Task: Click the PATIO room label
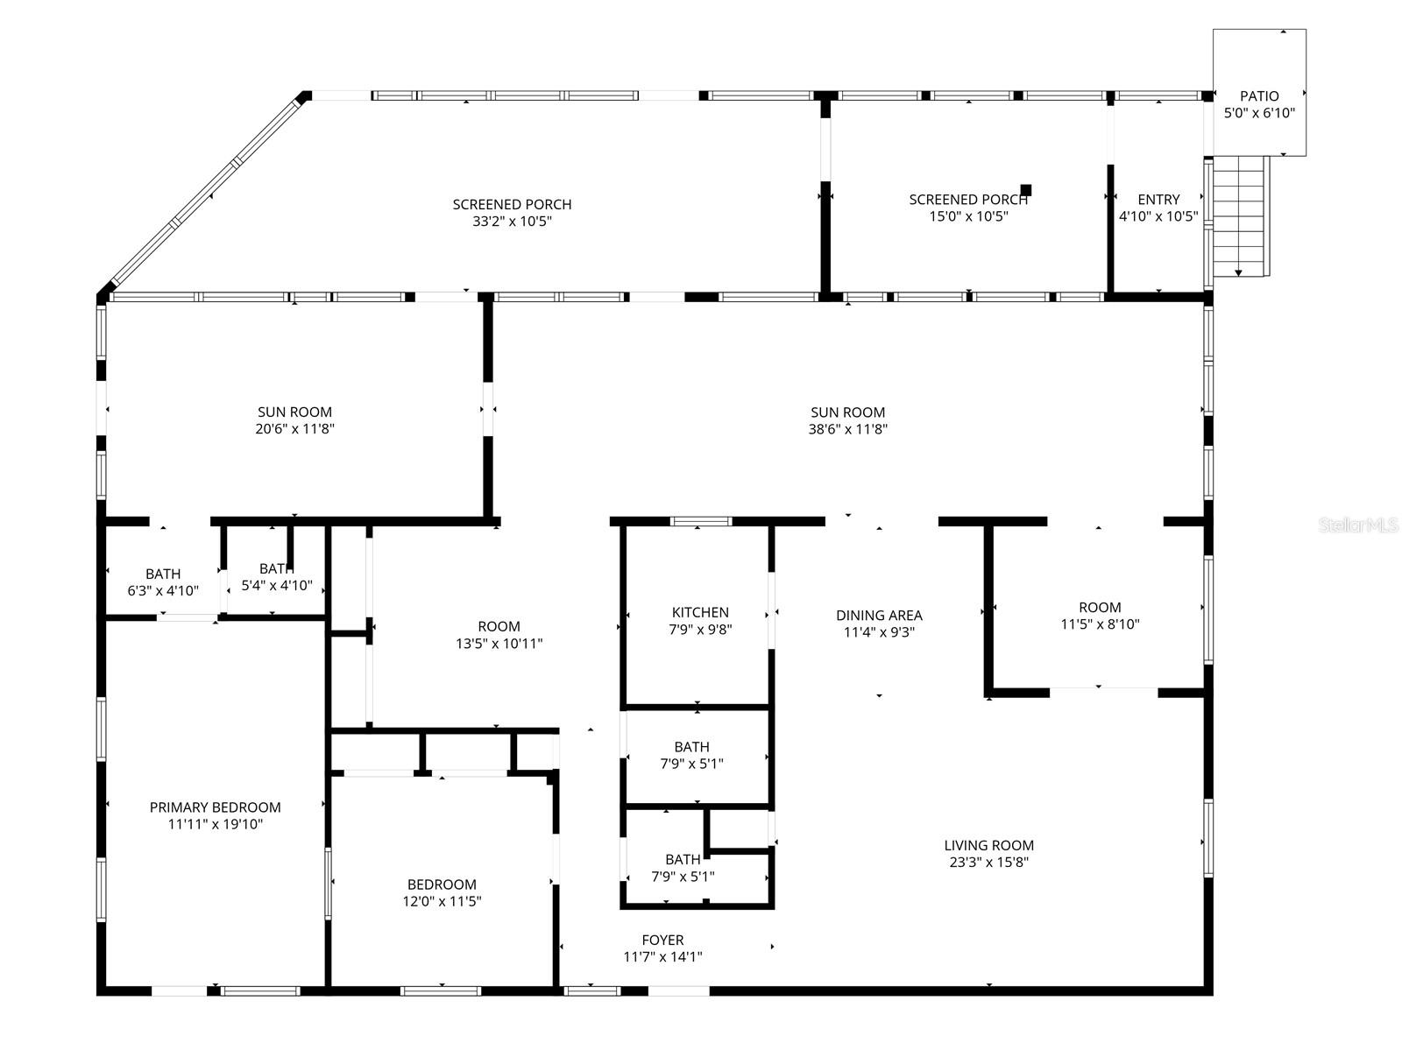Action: pyautogui.click(x=1259, y=96)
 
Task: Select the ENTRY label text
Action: pyautogui.click(x=1158, y=200)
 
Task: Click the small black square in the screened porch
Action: pyautogui.click(x=1026, y=190)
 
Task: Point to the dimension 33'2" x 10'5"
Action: pyautogui.click(x=512, y=222)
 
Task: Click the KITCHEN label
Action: pyautogui.click(x=700, y=612)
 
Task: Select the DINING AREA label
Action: pyautogui.click(x=879, y=616)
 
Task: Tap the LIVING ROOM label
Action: pyautogui.click(x=988, y=845)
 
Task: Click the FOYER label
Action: pyautogui.click(x=662, y=940)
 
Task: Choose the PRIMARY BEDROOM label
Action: pyautogui.click(x=215, y=807)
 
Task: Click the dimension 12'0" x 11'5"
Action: pyautogui.click(x=442, y=901)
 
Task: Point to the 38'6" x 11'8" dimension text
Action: pyautogui.click(x=847, y=429)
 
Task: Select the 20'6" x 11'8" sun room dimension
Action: pyautogui.click(x=294, y=429)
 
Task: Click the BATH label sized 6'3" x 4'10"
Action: pyautogui.click(x=163, y=574)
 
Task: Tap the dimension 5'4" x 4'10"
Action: pyautogui.click(x=276, y=586)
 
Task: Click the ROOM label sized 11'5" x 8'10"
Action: pyautogui.click(x=1100, y=607)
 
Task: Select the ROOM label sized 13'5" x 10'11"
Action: pyautogui.click(x=499, y=626)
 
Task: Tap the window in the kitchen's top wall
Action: pyautogui.click(x=701, y=522)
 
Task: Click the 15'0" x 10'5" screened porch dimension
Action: pyautogui.click(x=968, y=216)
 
